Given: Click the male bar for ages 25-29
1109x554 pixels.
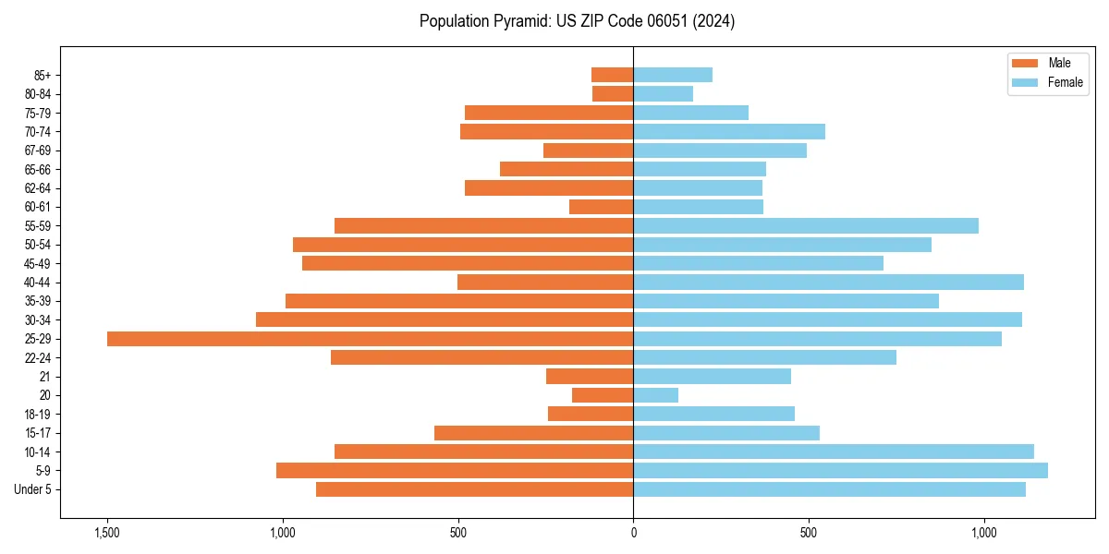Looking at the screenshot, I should point(370,339).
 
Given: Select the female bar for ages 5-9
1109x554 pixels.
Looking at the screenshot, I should point(840,471).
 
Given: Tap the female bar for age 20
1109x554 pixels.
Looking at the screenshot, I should point(655,395).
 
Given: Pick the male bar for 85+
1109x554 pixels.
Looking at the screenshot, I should point(612,75).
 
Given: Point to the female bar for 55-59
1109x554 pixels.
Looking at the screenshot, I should point(805,226).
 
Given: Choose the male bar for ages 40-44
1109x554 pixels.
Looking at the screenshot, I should point(545,283).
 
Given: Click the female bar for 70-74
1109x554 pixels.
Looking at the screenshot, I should point(729,132).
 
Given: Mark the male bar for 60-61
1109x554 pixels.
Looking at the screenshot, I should point(601,207).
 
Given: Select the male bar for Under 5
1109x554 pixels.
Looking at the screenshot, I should point(474,489).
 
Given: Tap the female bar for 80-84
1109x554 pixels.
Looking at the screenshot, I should point(663,94).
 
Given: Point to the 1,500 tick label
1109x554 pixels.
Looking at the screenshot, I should point(107,533).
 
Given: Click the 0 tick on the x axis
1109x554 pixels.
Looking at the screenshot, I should point(633,533).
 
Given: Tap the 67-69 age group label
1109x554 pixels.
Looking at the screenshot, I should point(38,151).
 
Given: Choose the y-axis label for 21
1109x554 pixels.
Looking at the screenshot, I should point(45,377).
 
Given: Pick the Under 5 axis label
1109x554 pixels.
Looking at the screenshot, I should point(33,489).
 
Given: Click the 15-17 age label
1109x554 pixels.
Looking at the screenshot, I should point(38,433).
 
